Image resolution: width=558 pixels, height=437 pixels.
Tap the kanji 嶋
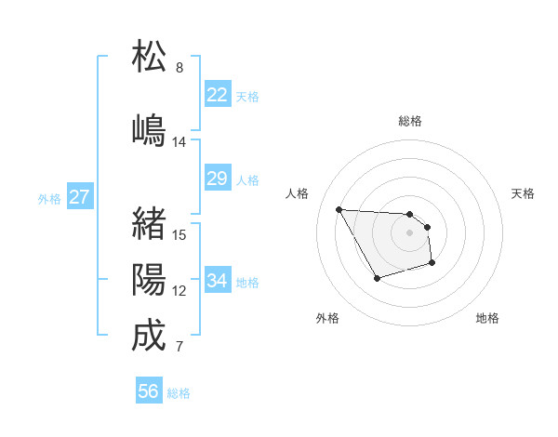click(x=150, y=129)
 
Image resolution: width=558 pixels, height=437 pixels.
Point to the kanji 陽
click(x=150, y=279)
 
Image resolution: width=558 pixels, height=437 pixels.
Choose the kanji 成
click(x=150, y=336)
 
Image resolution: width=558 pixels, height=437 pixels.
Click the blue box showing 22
click(x=218, y=95)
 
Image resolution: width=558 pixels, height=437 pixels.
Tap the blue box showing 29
click(x=218, y=179)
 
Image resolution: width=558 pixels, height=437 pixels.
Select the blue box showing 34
click(x=218, y=281)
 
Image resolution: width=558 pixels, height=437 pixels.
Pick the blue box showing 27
click(x=80, y=197)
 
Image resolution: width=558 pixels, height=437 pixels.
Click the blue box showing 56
click(x=149, y=391)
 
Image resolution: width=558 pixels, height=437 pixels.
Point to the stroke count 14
click(x=179, y=142)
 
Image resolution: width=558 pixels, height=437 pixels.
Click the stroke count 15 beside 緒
click(x=179, y=235)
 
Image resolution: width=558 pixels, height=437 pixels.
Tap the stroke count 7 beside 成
click(x=179, y=348)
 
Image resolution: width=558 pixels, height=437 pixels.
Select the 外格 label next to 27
click(x=49, y=198)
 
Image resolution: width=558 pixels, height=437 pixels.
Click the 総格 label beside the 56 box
click(x=179, y=393)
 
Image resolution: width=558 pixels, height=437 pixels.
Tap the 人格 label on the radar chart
click(x=298, y=193)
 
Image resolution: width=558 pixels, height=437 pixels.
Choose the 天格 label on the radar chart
click(x=523, y=193)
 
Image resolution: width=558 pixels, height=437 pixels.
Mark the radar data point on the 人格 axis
click(x=339, y=209)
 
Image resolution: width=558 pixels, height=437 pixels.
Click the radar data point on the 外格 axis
click(x=376, y=278)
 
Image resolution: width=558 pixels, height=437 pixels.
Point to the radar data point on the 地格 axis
click(x=432, y=264)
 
